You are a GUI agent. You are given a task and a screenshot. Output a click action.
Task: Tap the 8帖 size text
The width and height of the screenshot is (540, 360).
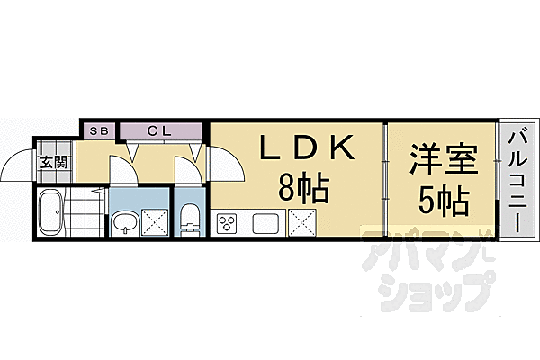(301, 189)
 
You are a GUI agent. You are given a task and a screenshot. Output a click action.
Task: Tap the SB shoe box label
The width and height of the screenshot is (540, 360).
(98, 131)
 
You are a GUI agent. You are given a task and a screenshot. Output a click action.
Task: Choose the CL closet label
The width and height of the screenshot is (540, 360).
(159, 131)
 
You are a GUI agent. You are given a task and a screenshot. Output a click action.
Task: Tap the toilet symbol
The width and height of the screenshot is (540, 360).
(190, 220)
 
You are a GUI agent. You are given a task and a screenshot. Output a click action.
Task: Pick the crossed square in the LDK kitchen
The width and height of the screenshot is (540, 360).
(301, 221)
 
